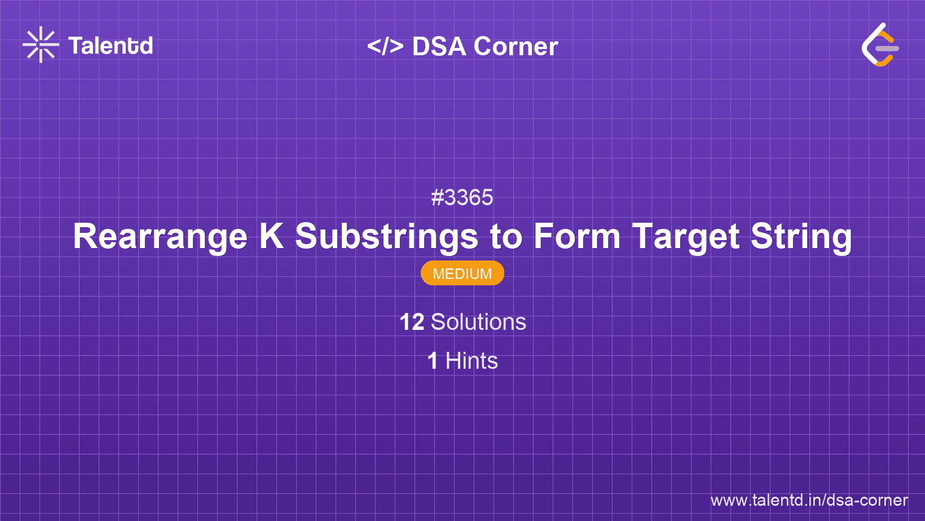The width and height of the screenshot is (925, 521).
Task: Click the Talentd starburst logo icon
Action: [x=41, y=45]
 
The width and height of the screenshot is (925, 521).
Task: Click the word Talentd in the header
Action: [x=111, y=46]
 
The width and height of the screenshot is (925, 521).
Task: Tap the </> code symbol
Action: [x=385, y=46]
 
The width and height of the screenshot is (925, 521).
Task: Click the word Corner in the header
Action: [x=516, y=46]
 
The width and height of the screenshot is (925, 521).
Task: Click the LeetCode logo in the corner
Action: [x=879, y=45]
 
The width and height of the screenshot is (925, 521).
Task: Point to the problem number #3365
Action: [x=462, y=198]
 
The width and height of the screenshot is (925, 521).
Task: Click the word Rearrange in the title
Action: [x=160, y=236]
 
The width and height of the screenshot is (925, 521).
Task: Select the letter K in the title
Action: [x=271, y=236]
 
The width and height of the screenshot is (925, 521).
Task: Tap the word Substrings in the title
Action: [x=387, y=236]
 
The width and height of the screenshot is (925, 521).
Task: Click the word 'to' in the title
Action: [x=506, y=236]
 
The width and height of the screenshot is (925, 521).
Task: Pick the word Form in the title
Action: [x=576, y=236]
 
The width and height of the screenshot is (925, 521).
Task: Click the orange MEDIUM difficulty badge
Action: [x=462, y=273]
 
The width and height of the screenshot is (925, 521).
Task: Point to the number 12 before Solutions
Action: [x=412, y=322]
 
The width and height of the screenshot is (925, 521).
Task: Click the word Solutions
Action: [x=478, y=322]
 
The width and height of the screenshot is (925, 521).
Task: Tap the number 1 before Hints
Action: [x=433, y=361]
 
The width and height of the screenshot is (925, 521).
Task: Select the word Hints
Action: [x=472, y=361]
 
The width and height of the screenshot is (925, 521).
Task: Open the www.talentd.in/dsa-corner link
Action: [x=809, y=500]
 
